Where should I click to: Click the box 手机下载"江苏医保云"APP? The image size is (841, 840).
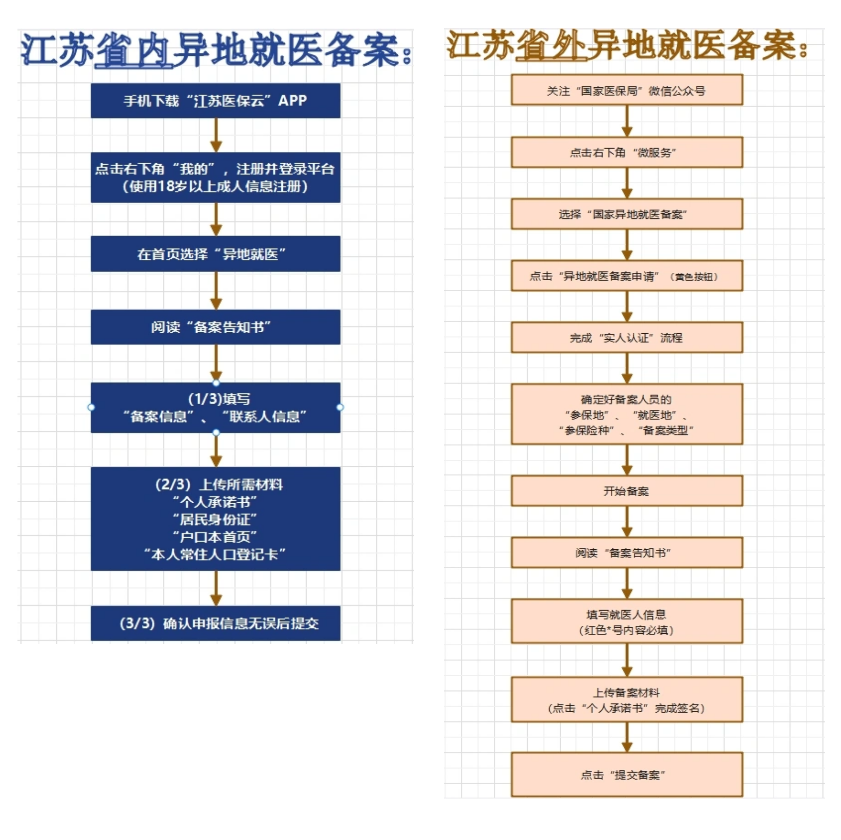(x=215, y=100)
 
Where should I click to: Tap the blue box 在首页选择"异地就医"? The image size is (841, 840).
(x=215, y=254)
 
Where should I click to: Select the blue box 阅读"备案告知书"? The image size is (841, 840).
(x=215, y=327)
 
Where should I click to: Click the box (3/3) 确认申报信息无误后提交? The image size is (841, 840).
(x=215, y=623)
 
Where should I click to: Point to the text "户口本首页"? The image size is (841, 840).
(x=215, y=537)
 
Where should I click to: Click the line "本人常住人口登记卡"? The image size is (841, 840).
(x=215, y=554)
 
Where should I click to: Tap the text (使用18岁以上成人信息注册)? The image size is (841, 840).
(x=215, y=186)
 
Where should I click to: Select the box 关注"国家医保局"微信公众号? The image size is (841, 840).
(x=627, y=90)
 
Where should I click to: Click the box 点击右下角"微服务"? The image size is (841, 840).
(x=627, y=152)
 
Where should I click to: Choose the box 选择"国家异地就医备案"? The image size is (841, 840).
(x=627, y=214)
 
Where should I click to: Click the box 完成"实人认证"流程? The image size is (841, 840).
(x=627, y=338)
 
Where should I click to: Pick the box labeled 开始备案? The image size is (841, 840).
(x=627, y=491)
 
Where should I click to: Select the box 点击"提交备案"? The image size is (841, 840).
(x=627, y=775)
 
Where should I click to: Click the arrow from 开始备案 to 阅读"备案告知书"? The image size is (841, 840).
(x=627, y=522)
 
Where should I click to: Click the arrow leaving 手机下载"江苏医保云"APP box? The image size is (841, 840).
(x=216, y=135)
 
